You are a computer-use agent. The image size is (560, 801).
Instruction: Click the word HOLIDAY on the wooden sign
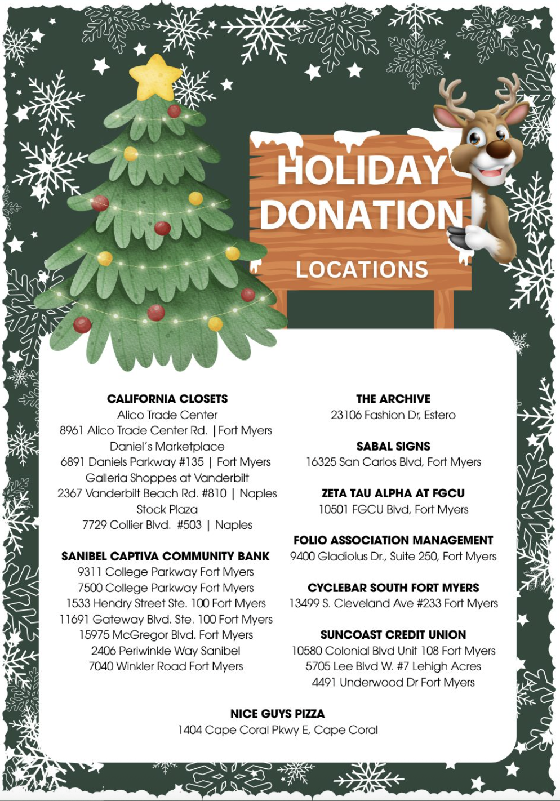click(x=361, y=170)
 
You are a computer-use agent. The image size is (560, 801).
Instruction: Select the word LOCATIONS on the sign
click(x=362, y=270)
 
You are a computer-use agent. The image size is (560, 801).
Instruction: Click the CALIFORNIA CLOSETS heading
click(x=167, y=399)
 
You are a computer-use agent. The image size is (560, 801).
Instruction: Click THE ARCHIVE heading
click(x=393, y=399)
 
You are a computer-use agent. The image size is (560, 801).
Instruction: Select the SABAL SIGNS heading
click(x=393, y=446)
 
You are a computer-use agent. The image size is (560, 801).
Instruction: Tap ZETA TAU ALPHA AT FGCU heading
click(x=393, y=493)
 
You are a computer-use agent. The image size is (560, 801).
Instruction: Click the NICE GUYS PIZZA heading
click(x=278, y=714)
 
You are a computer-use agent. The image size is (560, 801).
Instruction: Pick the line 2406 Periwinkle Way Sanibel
click(x=166, y=651)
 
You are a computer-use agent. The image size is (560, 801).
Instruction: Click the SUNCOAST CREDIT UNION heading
click(x=393, y=635)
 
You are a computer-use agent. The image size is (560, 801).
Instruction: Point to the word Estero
click(x=440, y=415)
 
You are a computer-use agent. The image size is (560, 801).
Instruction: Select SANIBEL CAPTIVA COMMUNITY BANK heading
click(x=166, y=557)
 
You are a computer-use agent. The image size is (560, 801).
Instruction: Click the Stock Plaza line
click(x=167, y=510)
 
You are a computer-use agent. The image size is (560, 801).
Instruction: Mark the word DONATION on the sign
click(x=361, y=215)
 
